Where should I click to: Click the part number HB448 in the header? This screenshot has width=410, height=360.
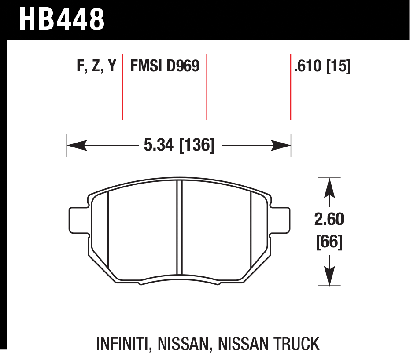pyautogui.click(x=62, y=19)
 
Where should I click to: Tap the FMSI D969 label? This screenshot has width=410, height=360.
pyautogui.click(x=165, y=66)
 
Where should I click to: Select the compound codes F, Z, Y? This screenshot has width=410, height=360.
pyautogui.click(x=96, y=66)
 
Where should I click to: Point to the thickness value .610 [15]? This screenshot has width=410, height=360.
pyautogui.click(x=322, y=66)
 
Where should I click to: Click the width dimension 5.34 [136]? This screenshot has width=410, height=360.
pyautogui.click(x=179, y=145)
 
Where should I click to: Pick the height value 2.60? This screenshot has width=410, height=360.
pyautogui.click(x=329, y=219)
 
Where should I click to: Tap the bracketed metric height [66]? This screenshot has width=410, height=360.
pyautogui.click(x=329, y=242)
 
